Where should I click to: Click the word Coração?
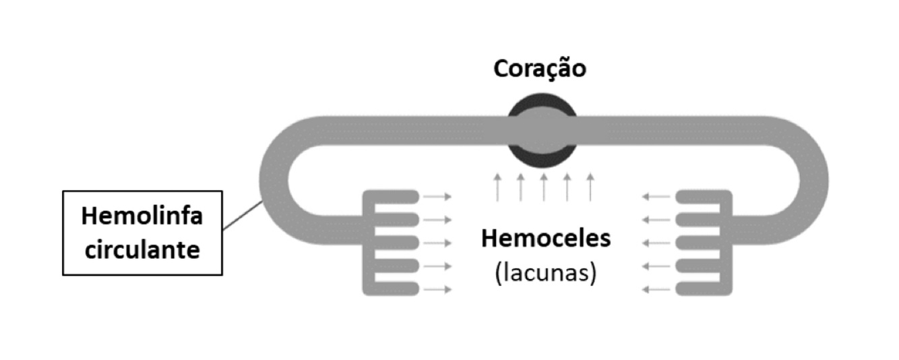pyautogui.click(x=540, y=69)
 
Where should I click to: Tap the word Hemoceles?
pyautogui.click(x=545, y=239)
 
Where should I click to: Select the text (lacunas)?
pyautogui.click(x=545, y=274)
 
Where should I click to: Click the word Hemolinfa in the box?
pyautogui.click(x=142, y=217)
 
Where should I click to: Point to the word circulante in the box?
pyautogui.click(x=142, y=250)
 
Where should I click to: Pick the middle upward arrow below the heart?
pyautogui.click(x=543, y=187)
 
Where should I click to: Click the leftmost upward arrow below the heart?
pyautogui.click(x=497, y=187)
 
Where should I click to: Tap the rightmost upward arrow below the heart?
pyautogui.click(x=590, y=187)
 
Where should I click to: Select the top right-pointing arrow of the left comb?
pyautogui.click(x=439, y=196)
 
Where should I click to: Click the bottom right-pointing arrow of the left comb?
pyautogui.click(x=439, y=290)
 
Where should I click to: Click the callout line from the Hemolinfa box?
pyautogui.click(x=242, y=215)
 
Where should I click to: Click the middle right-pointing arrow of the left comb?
pyautogui.click(x=439, y=243)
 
